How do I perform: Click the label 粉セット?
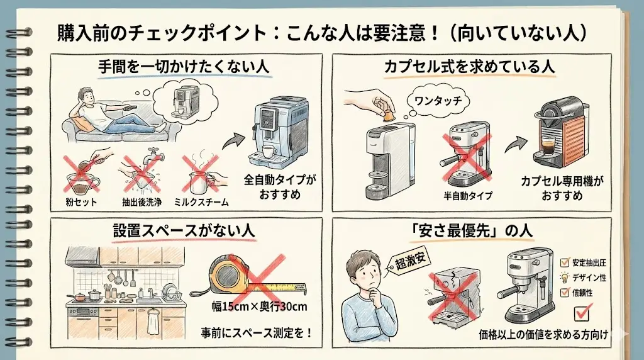pyautogui.click(x=82, y=201)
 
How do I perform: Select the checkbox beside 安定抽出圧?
pyautogui.click(x=564, y=262)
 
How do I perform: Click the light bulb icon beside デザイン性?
pyautogui.click(x=564, y=278)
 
